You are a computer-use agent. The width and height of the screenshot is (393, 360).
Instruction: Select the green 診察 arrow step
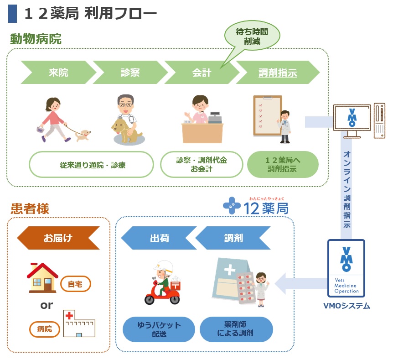[130, 73]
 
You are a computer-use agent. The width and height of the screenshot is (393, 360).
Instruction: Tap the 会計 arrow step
[202, 73]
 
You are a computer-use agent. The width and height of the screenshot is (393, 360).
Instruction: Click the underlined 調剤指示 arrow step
[277, 73]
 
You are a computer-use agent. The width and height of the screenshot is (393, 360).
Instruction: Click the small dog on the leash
[83, 134]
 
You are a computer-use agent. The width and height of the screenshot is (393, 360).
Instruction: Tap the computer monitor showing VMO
[352, 118]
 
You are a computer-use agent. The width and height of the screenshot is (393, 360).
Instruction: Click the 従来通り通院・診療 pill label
[92, 165]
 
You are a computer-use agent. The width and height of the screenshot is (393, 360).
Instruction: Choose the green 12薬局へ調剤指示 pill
[283, 165]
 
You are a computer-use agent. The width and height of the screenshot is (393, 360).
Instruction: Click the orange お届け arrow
[58, 238]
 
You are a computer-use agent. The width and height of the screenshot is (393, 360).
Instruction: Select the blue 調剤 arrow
[233, 238]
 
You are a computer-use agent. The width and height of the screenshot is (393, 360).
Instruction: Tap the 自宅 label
[76, 284]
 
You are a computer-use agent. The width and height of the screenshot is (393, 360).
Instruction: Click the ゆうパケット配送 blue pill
[159, 329]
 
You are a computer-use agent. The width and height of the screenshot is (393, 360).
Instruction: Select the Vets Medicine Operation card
[346, 269]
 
